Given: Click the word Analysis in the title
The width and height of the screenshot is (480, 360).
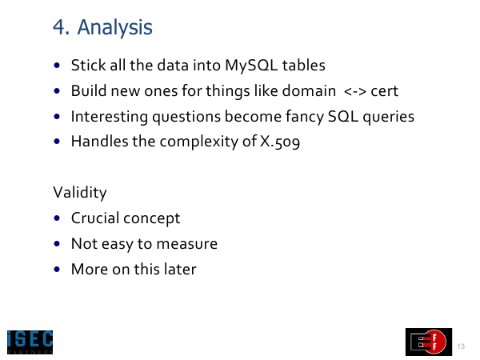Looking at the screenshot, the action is pos(114,28).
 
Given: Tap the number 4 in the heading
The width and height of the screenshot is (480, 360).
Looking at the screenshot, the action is pos(59,27).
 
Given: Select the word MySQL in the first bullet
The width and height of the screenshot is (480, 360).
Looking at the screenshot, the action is pos(251,66).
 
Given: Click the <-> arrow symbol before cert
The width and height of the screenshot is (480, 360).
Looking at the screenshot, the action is pos(354,91).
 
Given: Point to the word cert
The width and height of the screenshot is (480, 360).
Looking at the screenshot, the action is pos(385,91).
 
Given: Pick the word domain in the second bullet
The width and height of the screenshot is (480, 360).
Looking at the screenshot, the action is pos(309,91).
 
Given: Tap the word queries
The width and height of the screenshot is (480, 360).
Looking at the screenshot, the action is pos(389,118).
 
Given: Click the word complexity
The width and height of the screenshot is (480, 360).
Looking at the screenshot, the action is pos(198,142).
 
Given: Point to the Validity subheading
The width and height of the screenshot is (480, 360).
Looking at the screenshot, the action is pos(80,193).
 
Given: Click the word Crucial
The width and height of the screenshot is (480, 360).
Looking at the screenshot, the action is pos(95,218).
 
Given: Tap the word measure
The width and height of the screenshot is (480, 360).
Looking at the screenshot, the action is pos(186,244).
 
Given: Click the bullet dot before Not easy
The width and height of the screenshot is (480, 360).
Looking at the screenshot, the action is pos(57,244).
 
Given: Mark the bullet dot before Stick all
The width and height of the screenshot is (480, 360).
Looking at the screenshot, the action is pos(57,66).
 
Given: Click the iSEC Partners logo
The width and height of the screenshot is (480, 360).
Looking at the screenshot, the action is pos(30,342).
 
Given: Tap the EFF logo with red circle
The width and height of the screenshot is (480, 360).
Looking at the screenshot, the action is pos(429,342).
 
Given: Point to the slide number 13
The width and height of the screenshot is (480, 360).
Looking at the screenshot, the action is pos(461,346).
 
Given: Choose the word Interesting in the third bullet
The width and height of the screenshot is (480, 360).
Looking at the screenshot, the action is pos(110,117).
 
